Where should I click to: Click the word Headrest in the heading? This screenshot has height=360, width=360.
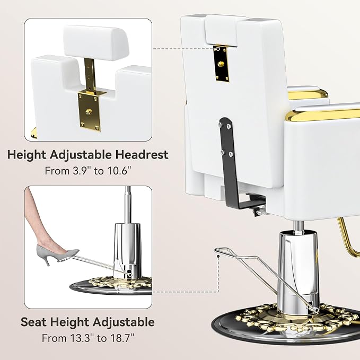coord(142,154)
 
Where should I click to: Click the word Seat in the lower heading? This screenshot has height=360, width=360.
coord(34,322)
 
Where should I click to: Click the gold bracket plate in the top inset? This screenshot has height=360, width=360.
coord(90,111)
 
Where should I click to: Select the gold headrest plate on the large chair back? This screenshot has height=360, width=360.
coord(222,64)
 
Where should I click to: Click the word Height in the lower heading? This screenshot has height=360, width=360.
coord(70,322)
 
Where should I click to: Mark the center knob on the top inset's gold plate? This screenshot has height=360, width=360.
coord(88,112)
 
